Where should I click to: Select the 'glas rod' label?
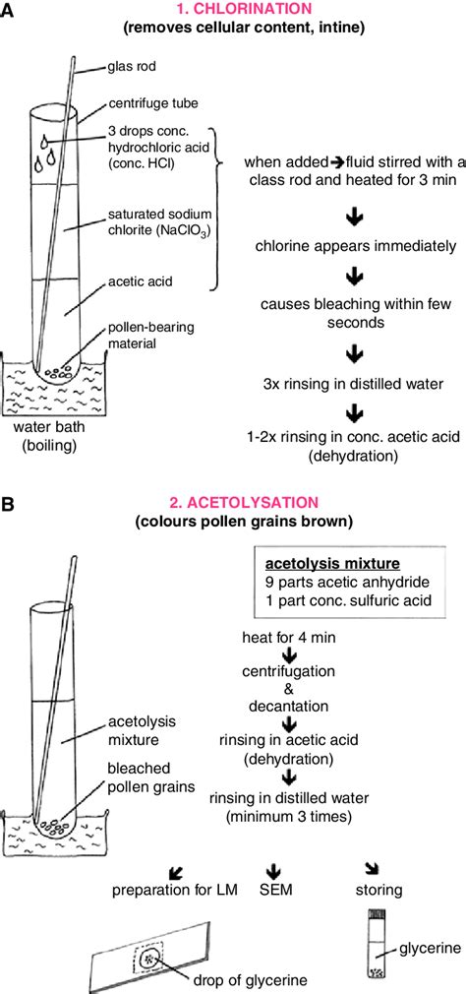pyautogui.click(x=130, y=68)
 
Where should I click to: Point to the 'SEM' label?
pyautogui.click(x=277, y=893)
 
